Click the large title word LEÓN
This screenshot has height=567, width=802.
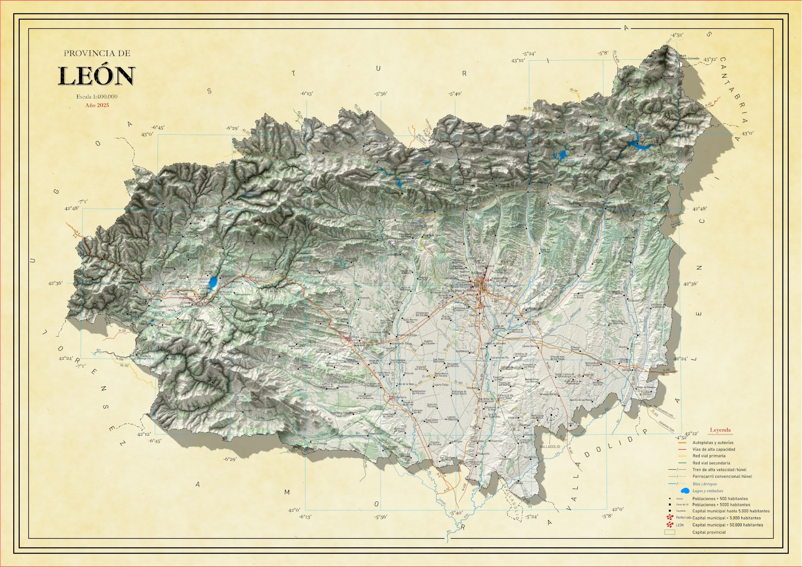coord(96,76)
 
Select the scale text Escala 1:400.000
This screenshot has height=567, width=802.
coord(97,97)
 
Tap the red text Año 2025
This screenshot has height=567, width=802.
coord(97,105)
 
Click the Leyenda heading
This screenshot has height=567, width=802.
coord(720,430)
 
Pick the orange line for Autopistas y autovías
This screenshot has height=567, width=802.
coord(682,443)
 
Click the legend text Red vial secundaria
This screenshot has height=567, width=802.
coord(711,463)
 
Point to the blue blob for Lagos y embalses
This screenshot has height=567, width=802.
coord(685,491)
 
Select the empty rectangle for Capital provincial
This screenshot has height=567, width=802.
coord(670,532)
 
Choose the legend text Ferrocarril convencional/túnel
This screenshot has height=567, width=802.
coord(722,477)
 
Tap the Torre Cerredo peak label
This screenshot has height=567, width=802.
coord(689,58)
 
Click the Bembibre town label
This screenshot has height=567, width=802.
coord(255,277)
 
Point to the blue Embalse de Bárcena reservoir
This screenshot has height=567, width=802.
coord(214,283)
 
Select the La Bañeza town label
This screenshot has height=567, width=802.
coord(401,397)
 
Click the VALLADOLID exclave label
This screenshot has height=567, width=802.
coord(549,446)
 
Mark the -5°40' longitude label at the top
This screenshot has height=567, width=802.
coord(454,94)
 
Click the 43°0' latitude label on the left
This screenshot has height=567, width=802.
coord(148,135)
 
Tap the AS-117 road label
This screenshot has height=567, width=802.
coord(574,91)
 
